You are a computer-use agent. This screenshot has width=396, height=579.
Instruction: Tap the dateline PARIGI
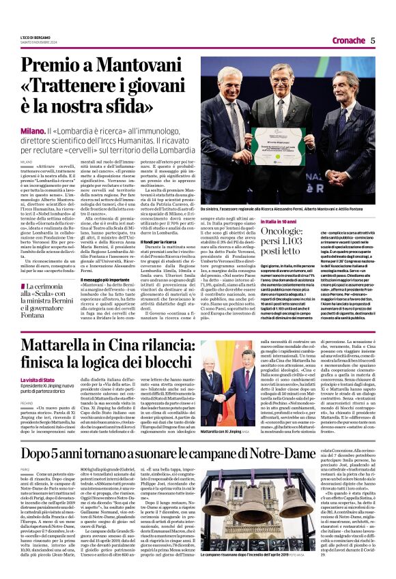coord(25,469)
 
